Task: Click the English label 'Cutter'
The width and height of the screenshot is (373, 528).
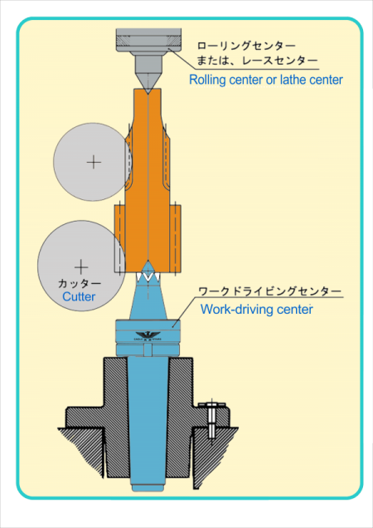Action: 79,296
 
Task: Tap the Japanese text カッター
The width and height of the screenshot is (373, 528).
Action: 80,284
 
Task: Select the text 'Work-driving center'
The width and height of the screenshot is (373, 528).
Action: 257,309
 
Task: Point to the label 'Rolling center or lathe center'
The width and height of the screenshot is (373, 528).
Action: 266,80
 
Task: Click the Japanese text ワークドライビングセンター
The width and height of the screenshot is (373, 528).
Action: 270,291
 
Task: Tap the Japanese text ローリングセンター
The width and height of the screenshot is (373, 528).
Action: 246,45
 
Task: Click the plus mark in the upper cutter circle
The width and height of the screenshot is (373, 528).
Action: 94,163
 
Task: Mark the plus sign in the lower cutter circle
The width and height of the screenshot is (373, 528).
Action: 81,267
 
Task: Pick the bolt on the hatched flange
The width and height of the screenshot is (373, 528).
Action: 211,421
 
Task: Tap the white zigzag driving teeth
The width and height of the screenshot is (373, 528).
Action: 148,276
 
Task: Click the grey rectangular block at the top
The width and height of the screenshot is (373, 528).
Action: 148,41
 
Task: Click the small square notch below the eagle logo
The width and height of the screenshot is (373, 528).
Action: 147,351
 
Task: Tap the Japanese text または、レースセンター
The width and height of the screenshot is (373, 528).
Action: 258,61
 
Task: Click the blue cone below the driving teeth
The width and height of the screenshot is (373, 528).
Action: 148,301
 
